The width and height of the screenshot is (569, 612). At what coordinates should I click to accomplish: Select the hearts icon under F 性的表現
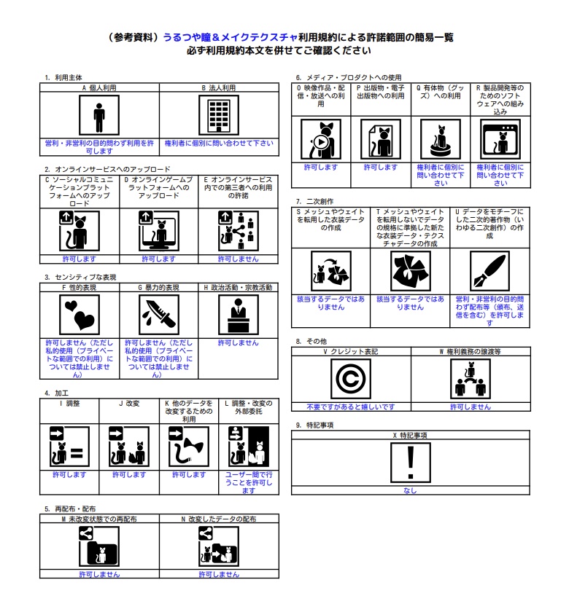(79, 315)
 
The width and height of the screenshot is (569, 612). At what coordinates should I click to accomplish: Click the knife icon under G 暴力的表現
(158, 315)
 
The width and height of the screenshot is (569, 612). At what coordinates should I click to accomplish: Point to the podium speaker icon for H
(238, 315)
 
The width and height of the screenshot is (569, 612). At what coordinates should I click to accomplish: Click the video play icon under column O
(320, 139)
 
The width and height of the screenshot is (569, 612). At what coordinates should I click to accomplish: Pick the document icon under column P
(380, 139)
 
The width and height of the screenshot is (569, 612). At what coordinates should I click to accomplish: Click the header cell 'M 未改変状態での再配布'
(98, 519)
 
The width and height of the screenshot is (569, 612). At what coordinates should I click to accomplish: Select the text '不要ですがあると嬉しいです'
(351, 407)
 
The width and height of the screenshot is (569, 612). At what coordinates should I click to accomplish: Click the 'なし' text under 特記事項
(410, 490)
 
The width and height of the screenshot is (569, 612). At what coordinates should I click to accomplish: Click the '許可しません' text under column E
(238, 259)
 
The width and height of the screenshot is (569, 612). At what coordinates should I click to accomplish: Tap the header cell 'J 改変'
(129, 403)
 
